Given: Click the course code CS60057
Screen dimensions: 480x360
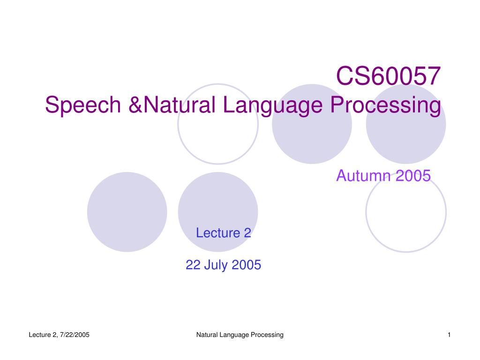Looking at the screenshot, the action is (388, 76).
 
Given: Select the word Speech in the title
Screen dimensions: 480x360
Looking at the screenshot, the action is (83, 105).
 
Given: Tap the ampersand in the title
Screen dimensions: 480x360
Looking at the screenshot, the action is (135, 105).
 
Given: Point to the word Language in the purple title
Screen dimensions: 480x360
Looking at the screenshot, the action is (273, 105).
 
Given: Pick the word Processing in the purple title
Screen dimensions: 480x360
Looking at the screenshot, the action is (386, 105).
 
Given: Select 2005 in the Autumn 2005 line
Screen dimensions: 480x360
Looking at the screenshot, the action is (413, 176).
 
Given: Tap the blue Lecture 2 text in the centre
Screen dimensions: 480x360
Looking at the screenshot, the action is (224, 233).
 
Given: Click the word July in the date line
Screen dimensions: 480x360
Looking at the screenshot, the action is (215, 265).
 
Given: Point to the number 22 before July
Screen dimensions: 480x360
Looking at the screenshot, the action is (193, 265).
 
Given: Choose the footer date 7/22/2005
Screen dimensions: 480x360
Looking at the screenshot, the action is (75, 335).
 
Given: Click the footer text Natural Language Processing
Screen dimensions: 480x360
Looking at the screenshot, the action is (240, 335).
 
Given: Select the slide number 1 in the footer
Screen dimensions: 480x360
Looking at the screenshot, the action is (449, 335).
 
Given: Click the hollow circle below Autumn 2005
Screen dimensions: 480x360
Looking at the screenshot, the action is (366, 212).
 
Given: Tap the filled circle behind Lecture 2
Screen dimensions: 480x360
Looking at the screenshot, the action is (218, 212).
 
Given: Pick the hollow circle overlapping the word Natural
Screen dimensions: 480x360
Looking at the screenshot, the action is (178, 124).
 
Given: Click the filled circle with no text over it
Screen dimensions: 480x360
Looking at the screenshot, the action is (127, 212).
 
